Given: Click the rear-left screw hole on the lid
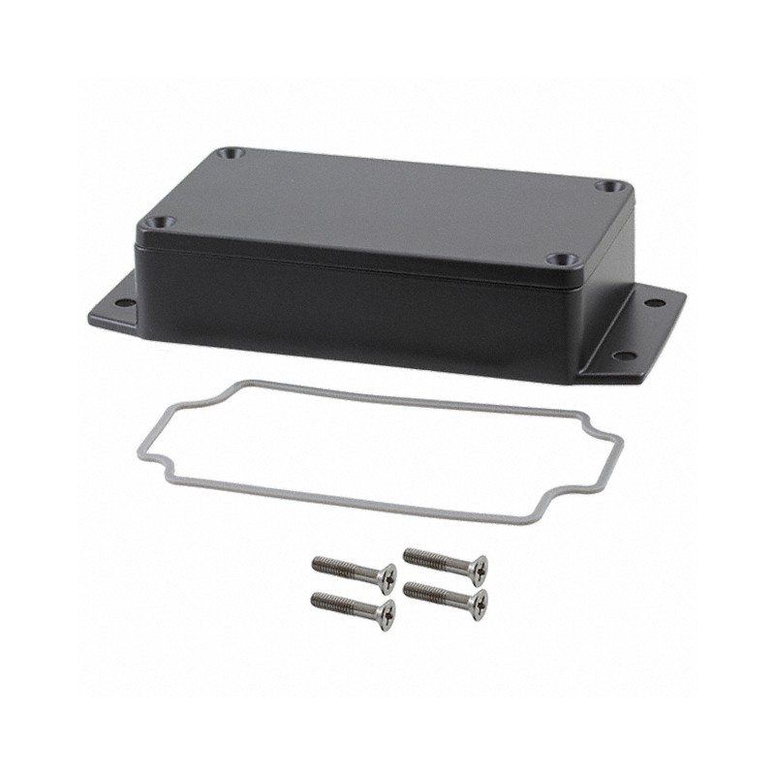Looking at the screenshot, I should click(230, 154).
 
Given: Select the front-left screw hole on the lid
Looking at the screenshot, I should click(159, 222).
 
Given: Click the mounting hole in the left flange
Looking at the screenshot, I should click(124, 303).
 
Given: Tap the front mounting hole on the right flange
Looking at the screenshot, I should click(625, 356).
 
